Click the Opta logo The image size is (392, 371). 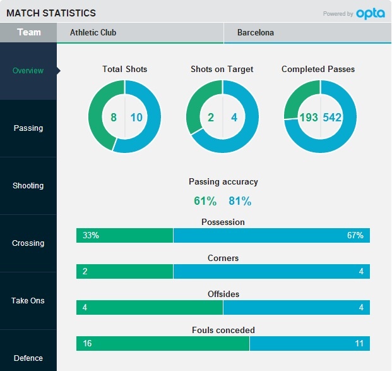click(370, 13)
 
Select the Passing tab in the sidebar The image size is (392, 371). click(28, 128)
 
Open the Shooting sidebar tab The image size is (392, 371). click(28, 186)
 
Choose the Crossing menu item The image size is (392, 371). click(28, 243)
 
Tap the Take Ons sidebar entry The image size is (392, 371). click(28, 301)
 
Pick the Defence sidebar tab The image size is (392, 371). click(28, 358)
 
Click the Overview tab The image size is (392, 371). click(28, 71)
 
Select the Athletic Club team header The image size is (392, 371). click(93, 33)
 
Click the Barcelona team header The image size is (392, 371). click(256, 33)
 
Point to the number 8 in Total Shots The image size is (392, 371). click(114, 118)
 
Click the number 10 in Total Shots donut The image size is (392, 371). click(137, 118)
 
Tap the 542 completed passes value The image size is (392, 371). click(332, 118)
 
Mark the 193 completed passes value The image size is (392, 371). click(309, 118)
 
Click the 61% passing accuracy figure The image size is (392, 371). click(205, 202)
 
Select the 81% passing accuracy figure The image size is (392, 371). click(240, 202)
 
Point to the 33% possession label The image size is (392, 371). click(91, 236)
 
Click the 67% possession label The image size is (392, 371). click(355, 236)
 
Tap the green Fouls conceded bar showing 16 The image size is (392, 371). click(163, 343)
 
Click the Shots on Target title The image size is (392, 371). click(222, 70)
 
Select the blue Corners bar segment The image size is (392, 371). click(271, 272)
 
